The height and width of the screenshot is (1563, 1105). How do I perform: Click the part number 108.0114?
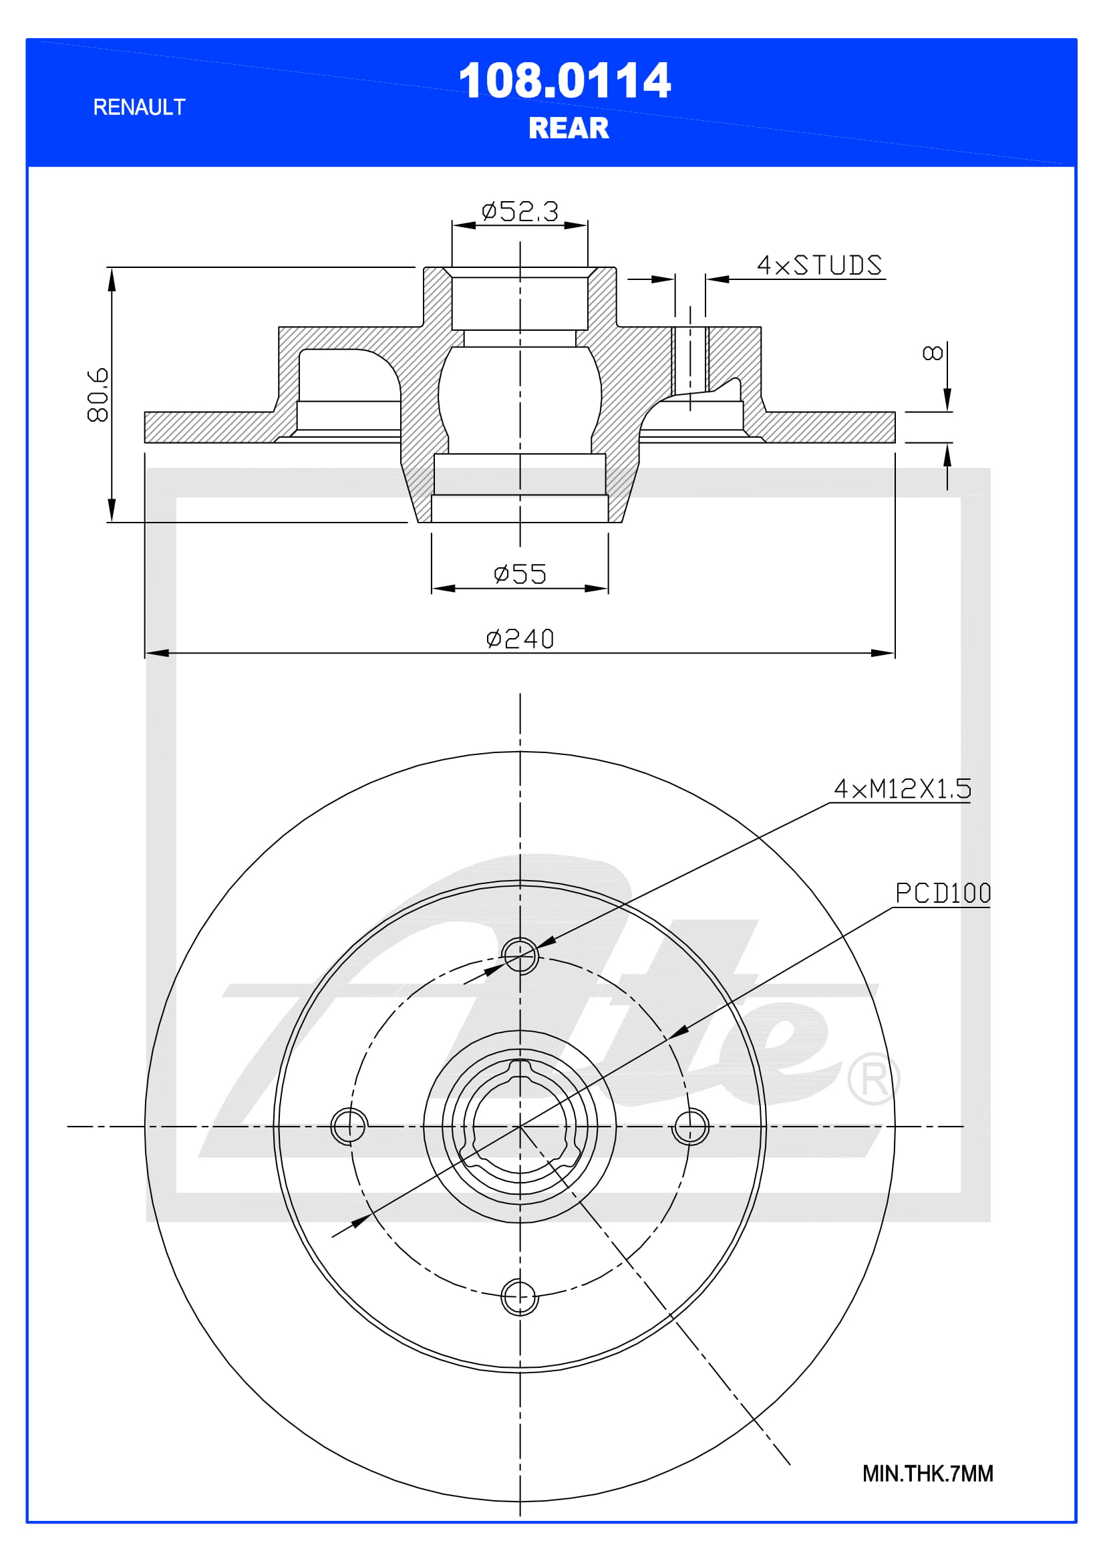(564, 81)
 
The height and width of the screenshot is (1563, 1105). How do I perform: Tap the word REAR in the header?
(568, 128)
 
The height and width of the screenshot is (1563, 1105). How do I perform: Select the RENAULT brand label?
(139, 108)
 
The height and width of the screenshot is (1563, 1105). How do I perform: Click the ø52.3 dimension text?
(520, 212)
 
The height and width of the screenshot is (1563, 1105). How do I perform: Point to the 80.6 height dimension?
(98, 395)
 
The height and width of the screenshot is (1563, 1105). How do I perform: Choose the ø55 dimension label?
(520, 574)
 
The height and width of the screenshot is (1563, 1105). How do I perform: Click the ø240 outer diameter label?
(520, 639)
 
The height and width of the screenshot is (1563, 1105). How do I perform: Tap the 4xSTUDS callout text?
(819, 265)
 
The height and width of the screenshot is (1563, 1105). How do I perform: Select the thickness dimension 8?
(932, 353)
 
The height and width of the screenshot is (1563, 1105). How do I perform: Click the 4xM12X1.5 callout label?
(902, 789)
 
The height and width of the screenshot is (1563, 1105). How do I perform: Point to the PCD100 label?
(943, 893)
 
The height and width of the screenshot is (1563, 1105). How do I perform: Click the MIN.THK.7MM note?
(927, 1474)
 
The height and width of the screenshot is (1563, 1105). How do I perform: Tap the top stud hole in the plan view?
(520, 956)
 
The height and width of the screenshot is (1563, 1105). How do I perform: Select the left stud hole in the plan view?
(349, 1126)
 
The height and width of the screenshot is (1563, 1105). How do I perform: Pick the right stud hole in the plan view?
(691, 1126)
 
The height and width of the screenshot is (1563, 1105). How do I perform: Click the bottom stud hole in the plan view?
(520, 1297)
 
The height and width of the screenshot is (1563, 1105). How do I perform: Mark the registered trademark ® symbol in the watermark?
(874, 1079)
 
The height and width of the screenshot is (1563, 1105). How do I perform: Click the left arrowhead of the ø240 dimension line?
(156, 653)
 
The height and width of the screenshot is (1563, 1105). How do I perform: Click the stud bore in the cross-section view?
(690, 361)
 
